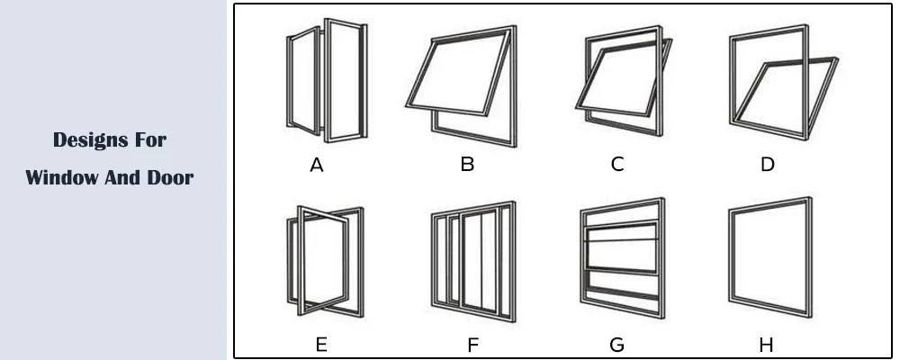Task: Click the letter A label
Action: pos(316,165)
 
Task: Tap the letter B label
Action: pos(467,165)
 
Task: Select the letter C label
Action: pos(616,165)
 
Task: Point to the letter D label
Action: pos(767,165)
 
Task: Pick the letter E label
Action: pos(321,344)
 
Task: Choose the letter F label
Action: pos(473,344)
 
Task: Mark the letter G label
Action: pos(616,344)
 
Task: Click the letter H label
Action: pos(766,344)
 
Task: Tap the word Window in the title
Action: pos(58,177)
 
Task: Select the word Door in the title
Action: pos(172,177)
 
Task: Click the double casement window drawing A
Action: pos(327,82)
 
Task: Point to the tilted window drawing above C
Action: pos(624,86)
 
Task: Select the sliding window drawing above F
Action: pos(473,262)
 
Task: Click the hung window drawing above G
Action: pos(623,259)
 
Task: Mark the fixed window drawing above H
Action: pos(769,257)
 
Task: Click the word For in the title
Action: pos(148,139)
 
